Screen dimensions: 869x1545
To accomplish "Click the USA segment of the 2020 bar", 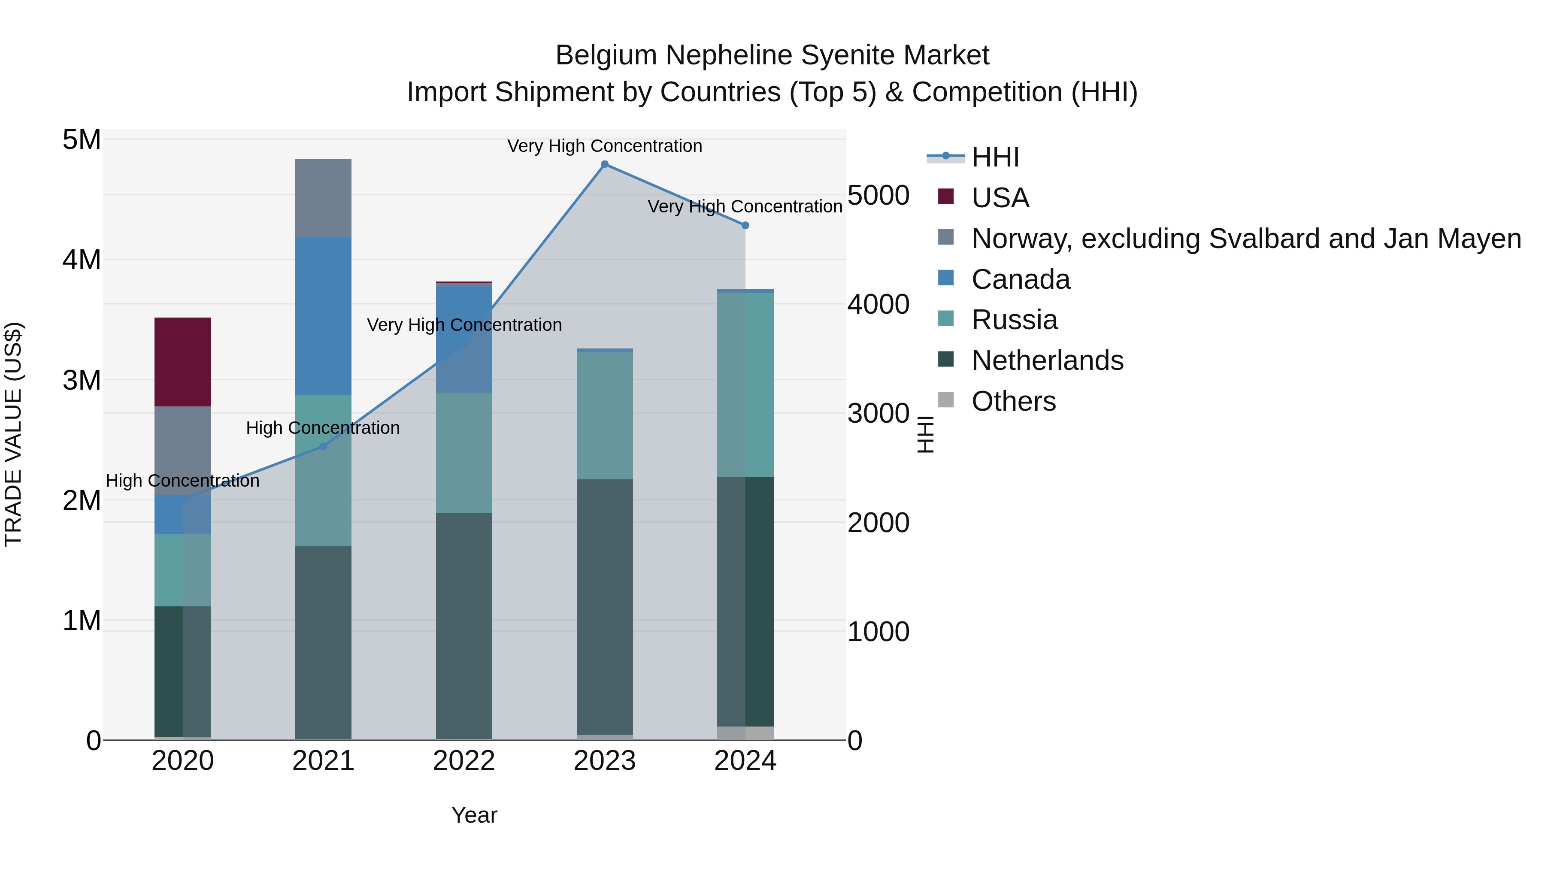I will [182, 362].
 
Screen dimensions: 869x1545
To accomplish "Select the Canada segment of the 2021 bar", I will [323, 316].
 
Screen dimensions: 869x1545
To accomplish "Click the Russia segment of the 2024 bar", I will [745, 385].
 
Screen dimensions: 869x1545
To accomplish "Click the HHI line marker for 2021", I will [323, 446].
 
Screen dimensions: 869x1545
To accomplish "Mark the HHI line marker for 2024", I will [745, 225].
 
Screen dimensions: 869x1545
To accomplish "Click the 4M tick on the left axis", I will [82, 260].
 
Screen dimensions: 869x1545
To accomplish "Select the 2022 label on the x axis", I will [463, 761].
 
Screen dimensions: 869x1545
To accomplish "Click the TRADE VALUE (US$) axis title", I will [13, 434].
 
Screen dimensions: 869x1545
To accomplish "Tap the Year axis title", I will [474, 815].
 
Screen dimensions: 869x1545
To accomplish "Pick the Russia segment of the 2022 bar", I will [463, 453].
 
